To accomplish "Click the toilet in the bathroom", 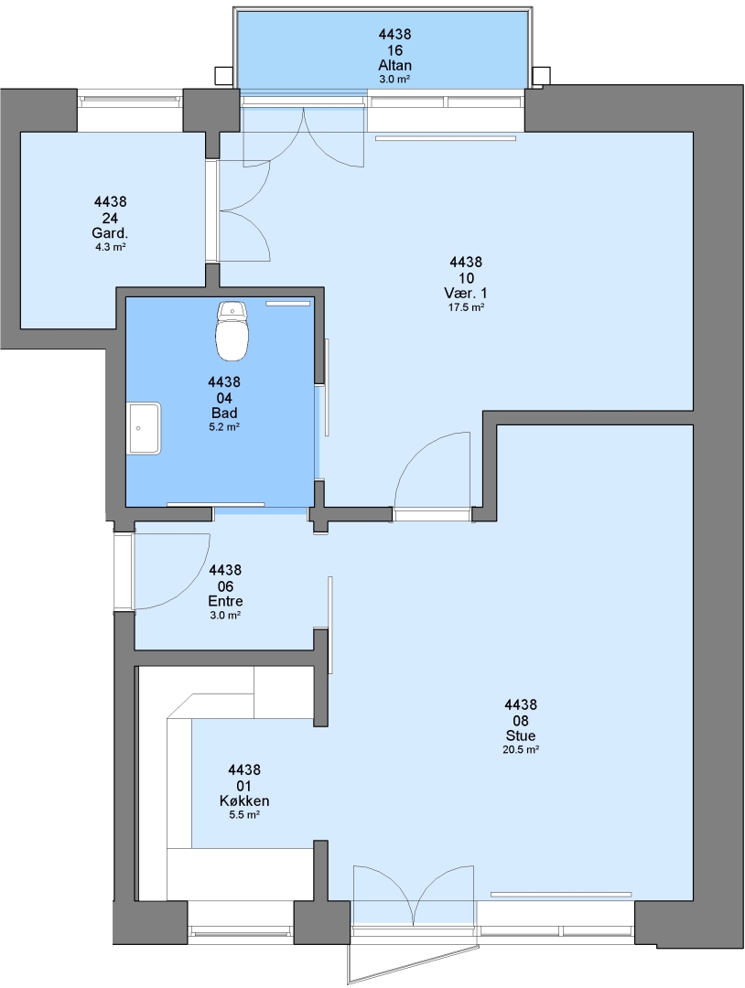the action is click(232, 331).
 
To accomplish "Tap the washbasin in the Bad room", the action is click(145, 428).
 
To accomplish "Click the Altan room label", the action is click(395, 66).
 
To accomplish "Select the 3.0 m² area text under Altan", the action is click(395, 80).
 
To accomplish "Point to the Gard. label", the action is click(111, 234).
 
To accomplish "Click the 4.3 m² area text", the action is click(111, 247).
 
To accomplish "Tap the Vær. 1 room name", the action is click(466, 293).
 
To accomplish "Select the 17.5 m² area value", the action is click(466, 307).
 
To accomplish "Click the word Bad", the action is click(224, 413).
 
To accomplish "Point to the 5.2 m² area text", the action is click(224, 426).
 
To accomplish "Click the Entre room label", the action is click(226, 601).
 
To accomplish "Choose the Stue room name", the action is click(521, 736).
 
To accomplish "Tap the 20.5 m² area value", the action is click(521, 750).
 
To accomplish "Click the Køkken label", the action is click(244, 800).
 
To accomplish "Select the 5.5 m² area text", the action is click(244, 815).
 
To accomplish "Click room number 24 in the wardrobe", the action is click(111, 218).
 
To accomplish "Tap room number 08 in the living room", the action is click(521, 720).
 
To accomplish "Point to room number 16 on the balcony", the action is click(395, 50).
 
